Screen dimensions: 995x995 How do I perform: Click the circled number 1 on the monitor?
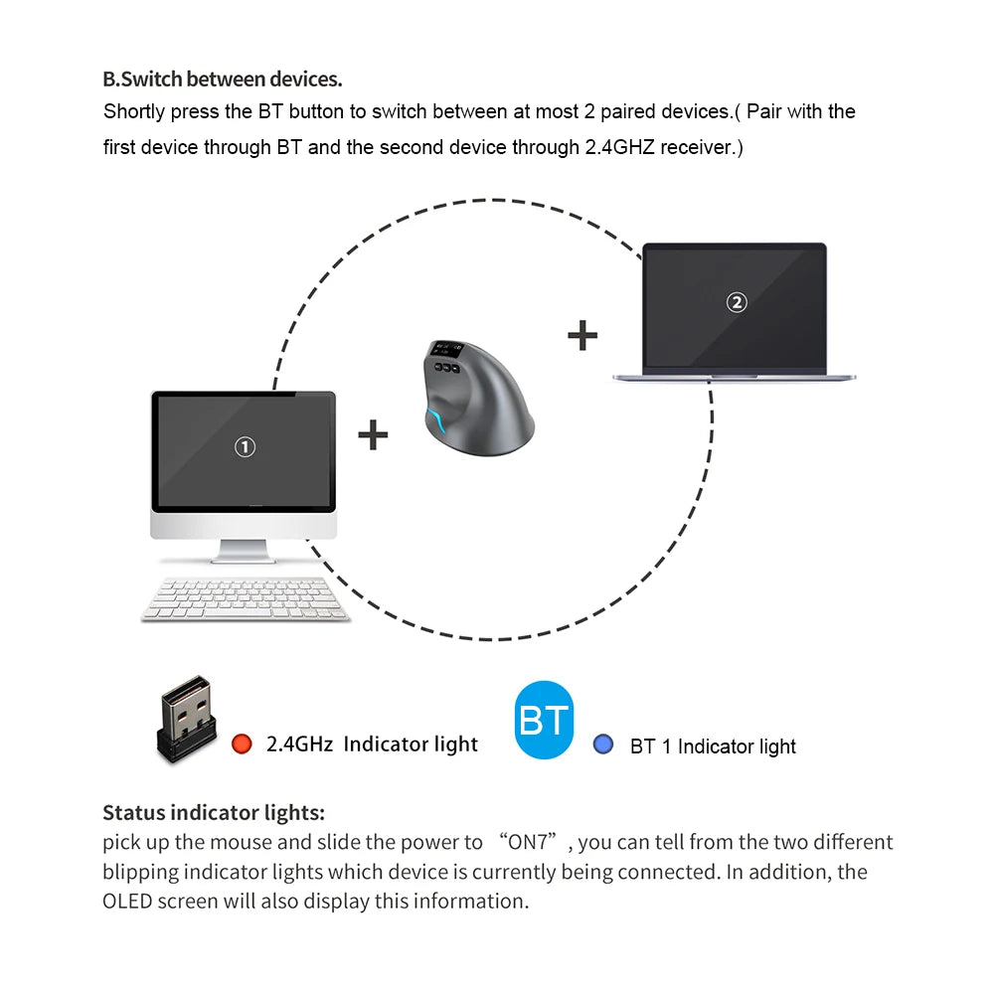tap(245, 447)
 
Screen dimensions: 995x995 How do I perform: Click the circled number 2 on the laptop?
tap(736, 302)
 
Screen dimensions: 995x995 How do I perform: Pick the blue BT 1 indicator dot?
tap(602, 744)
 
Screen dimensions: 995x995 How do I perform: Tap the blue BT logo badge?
tap(544, 721)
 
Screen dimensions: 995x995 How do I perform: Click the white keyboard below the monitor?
tap(246, 599)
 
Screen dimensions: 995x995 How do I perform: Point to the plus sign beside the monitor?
tap(373, 434)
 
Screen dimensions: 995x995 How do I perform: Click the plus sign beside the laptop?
tap(582, 336)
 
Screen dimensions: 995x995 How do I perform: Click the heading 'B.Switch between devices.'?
tap(223, 80)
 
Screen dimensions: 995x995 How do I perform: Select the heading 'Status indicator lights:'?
tap(214, 812)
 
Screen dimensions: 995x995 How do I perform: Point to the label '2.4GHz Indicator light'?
tap(372, 745)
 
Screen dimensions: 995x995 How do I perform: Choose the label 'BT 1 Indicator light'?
tap(713, 746)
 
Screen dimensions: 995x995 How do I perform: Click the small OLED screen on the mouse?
tap(448, 350)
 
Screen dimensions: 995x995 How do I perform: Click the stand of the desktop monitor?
tap(244, 551)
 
